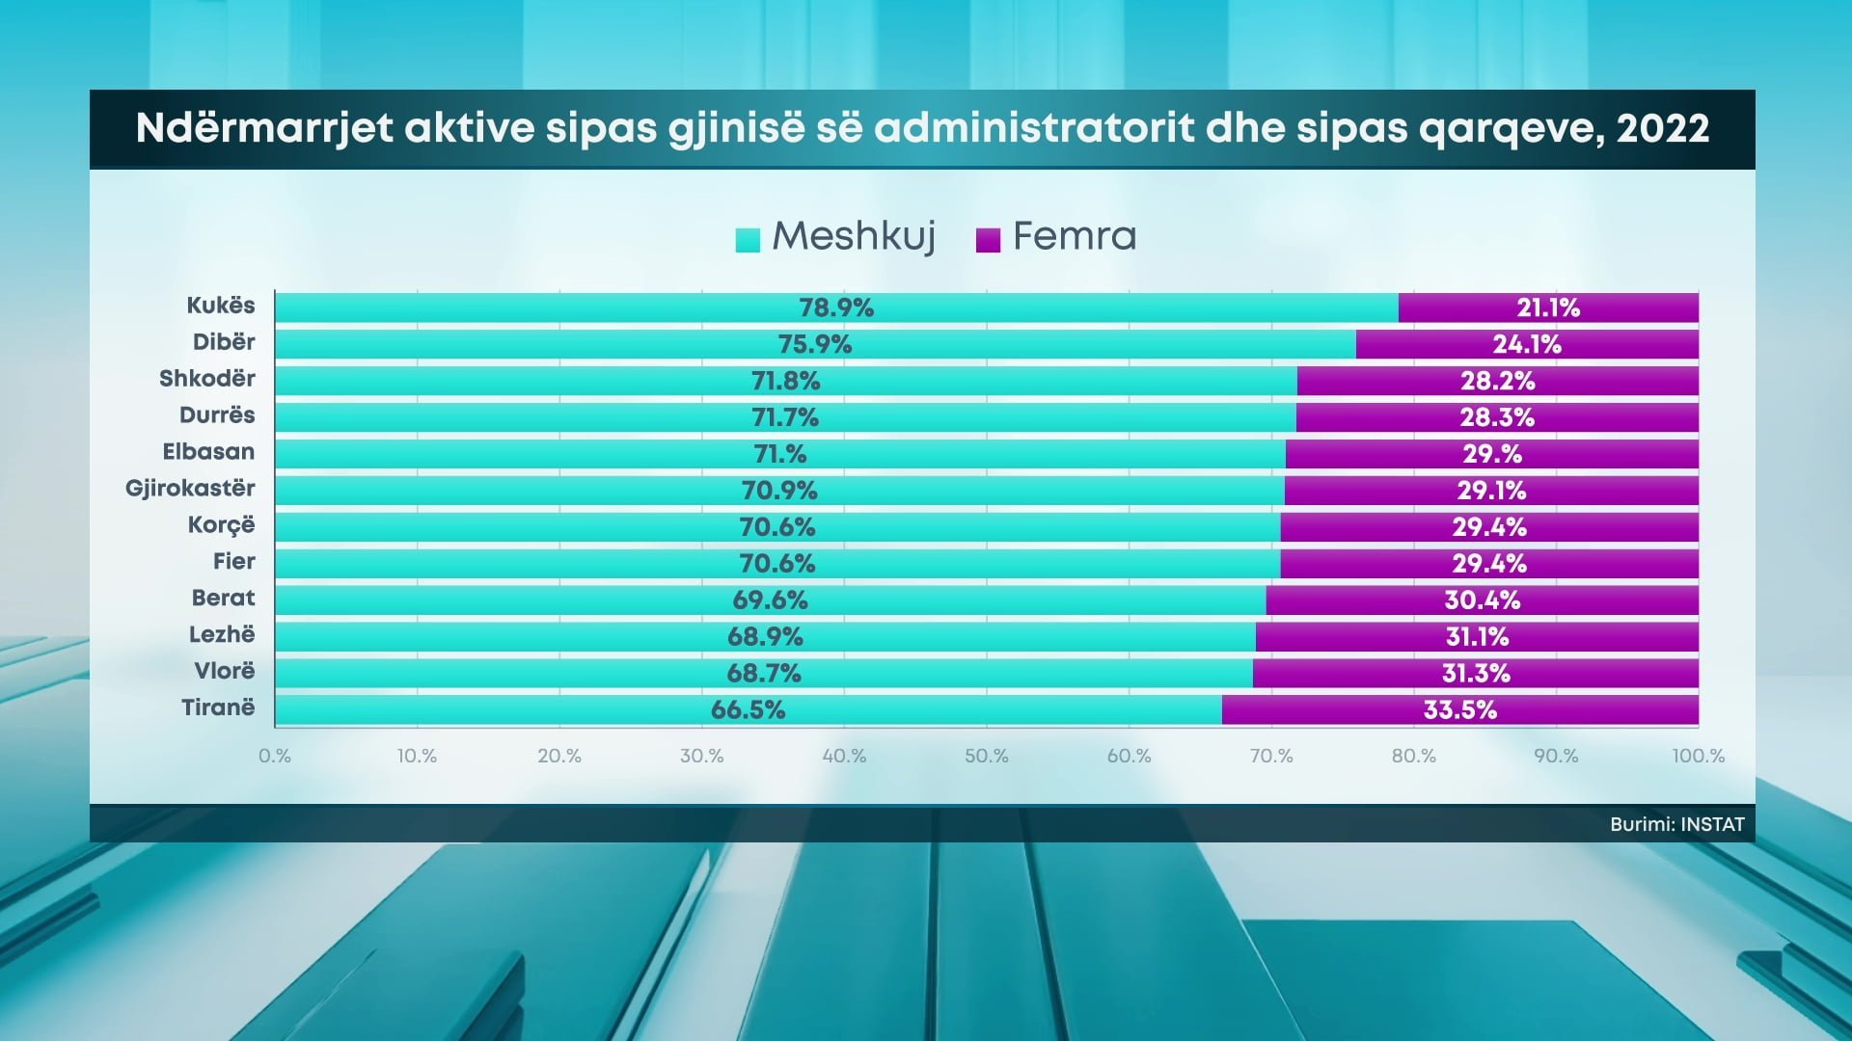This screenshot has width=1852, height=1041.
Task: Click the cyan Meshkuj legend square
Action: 748,239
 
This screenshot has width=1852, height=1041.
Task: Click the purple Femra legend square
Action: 988,239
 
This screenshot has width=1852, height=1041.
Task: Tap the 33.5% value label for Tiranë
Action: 1459,710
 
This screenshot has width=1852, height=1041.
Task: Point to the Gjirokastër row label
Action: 190,489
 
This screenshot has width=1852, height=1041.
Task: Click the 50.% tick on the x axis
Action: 986,757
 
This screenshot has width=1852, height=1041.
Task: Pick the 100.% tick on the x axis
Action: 1698,757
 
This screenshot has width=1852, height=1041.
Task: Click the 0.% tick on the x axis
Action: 275,757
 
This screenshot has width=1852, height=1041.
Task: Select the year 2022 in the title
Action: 1662,129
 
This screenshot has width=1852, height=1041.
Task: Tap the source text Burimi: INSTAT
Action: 1676,825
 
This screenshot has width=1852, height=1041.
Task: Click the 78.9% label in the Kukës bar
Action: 836,308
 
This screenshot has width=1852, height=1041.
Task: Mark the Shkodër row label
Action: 206,379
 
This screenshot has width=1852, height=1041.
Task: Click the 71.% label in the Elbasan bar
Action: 779,454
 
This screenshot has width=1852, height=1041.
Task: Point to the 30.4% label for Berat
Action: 1482,601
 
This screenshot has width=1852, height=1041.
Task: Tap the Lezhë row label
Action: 222,635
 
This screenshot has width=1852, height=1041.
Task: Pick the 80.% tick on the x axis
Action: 1413,757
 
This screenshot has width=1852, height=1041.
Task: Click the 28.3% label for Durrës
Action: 1496,417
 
